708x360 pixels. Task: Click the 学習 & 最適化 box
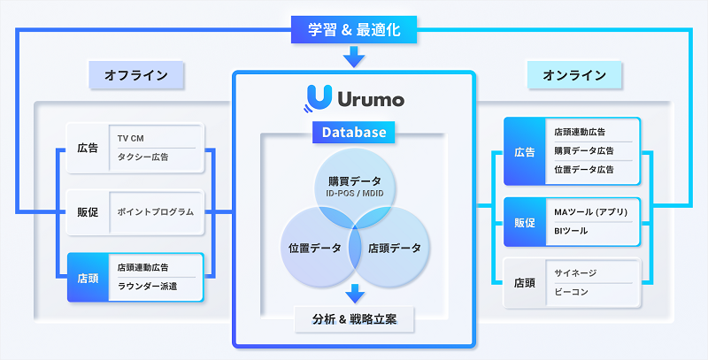tap(354, 30)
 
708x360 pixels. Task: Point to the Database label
tap(354, 133)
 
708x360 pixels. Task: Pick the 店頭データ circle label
tap(395, 248)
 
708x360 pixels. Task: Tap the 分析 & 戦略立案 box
tap(354, 318)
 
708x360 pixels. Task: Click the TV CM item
tap(131, 139)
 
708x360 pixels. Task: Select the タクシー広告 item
tap(143, 157)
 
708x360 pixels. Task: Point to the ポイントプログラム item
tap(156, 212)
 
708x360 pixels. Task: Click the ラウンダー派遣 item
tap(149, 285)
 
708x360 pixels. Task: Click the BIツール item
tap(569, 231)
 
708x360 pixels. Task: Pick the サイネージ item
tap(575, 274)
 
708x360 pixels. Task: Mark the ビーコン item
tap(571, 292)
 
